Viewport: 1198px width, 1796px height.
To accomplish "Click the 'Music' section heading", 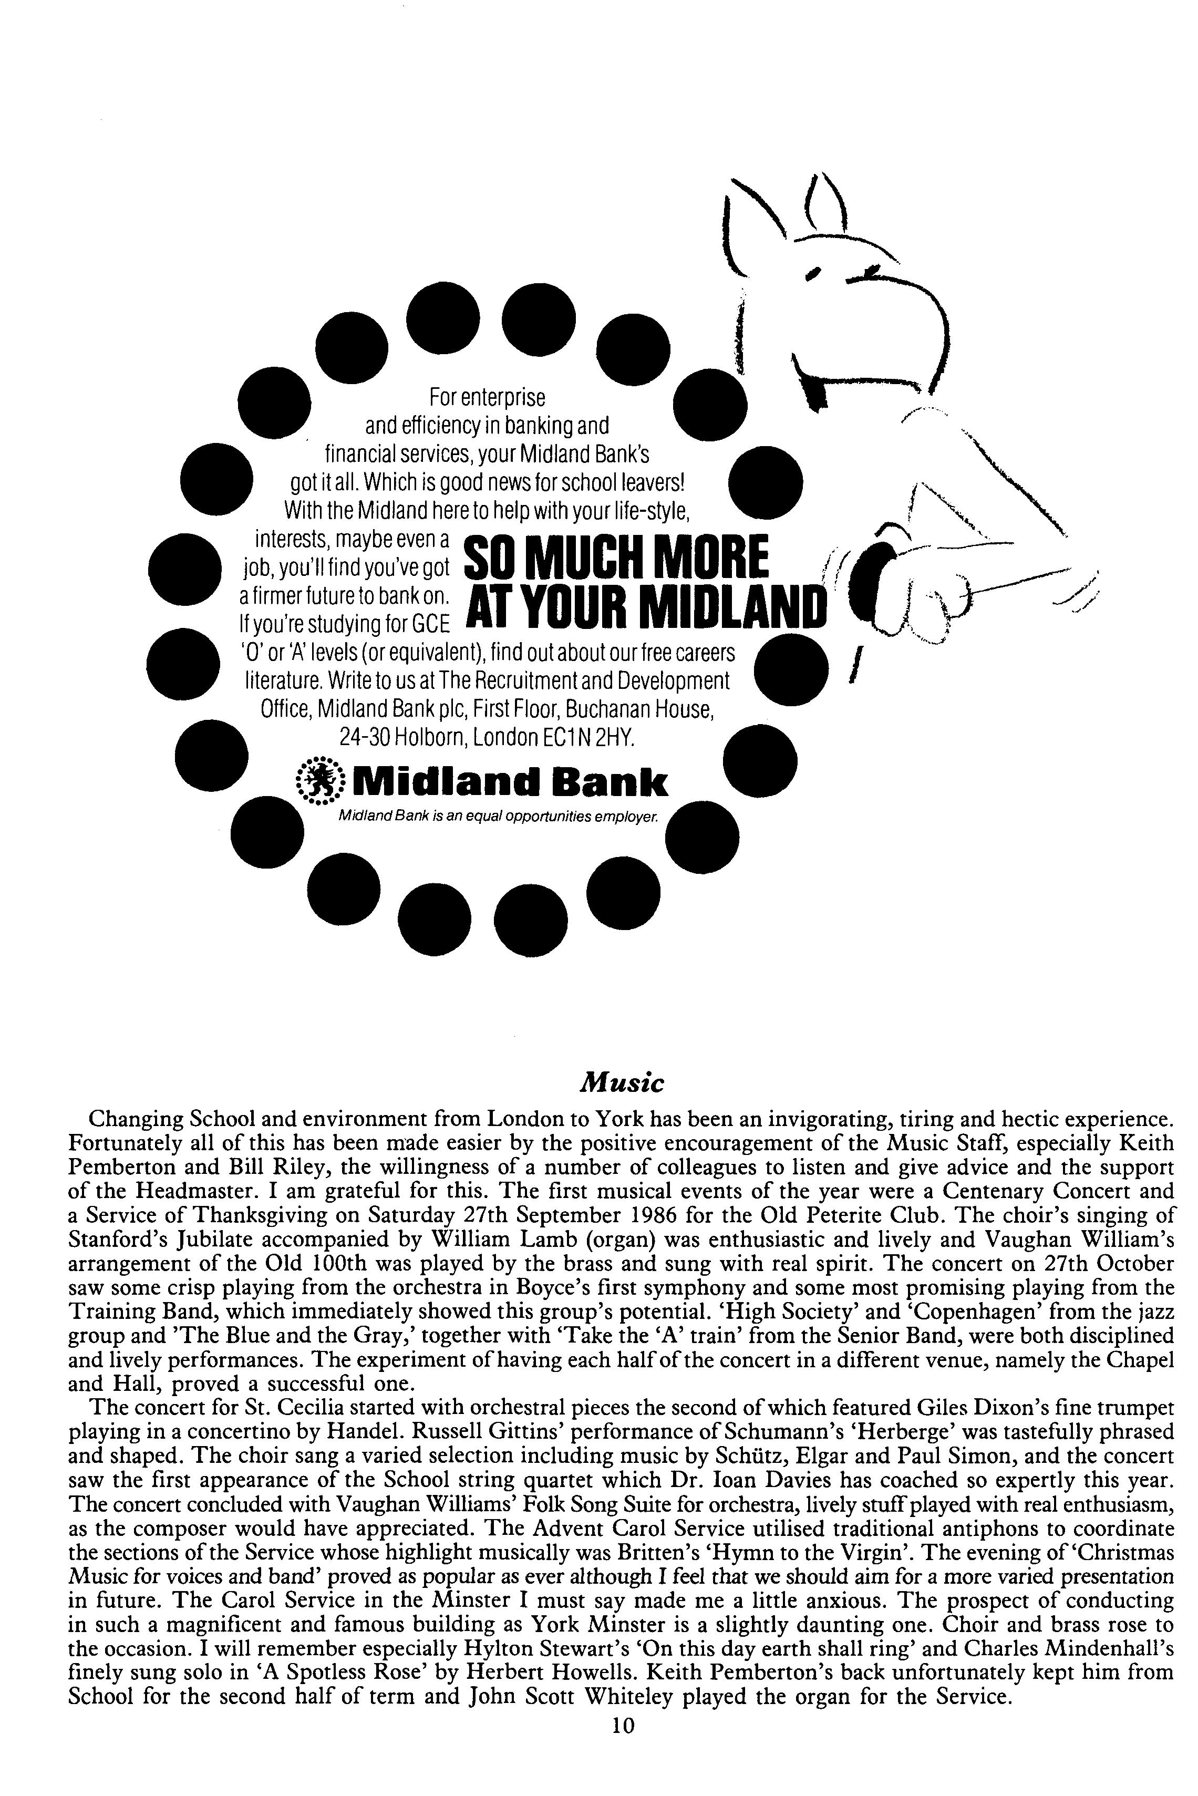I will point(623,1082).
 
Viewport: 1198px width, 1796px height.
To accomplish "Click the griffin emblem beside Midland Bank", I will point(320,781).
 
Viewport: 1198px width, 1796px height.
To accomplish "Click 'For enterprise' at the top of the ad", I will point(488,397).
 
